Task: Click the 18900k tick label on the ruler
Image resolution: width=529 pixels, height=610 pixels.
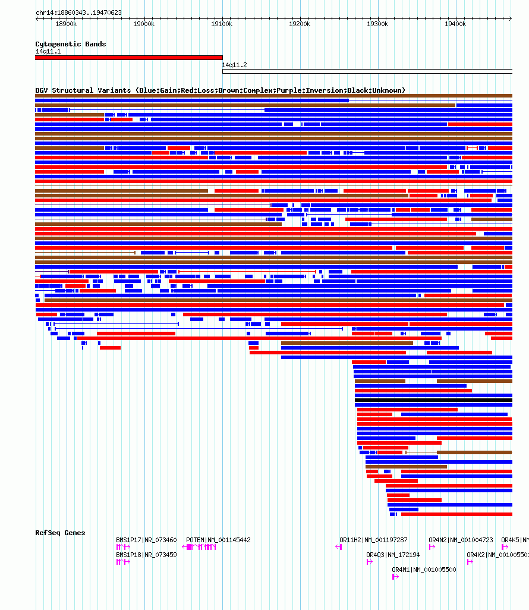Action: [66, 24]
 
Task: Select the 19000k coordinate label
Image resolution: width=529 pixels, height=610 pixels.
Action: [144, 24]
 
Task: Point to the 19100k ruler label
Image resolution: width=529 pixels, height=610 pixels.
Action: [222, 24]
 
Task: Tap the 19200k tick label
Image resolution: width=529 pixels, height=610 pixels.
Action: [300, 24]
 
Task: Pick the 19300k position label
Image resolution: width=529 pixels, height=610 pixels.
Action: [377, 24]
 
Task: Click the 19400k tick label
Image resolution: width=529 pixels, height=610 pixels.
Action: [455, 24]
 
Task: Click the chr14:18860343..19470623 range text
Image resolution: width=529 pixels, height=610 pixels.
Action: [78, 12]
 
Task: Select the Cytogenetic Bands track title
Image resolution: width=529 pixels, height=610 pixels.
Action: [70, 44]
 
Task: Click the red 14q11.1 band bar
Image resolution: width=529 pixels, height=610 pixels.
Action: [128, 58]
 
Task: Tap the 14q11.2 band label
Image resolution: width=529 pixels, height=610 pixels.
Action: [234, 65]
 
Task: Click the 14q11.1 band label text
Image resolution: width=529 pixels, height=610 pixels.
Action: [48, 51]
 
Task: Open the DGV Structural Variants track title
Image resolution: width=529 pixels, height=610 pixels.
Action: [220, 90]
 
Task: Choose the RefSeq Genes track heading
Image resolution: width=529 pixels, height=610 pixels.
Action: [60, 533]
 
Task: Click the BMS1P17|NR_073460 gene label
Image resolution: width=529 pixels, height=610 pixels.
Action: [146, 540]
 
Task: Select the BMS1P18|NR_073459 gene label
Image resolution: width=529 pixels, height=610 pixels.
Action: [146, 555]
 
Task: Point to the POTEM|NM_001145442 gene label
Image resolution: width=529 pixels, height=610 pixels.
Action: [218, 540]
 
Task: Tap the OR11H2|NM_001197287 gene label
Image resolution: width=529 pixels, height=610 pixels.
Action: [373, 540]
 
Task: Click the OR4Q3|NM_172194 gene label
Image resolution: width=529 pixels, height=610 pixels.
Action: [393, 555]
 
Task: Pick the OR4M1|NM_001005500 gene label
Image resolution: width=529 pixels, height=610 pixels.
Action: [424, 570]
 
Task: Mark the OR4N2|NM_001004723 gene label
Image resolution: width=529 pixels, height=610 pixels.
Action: [461, 540]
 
